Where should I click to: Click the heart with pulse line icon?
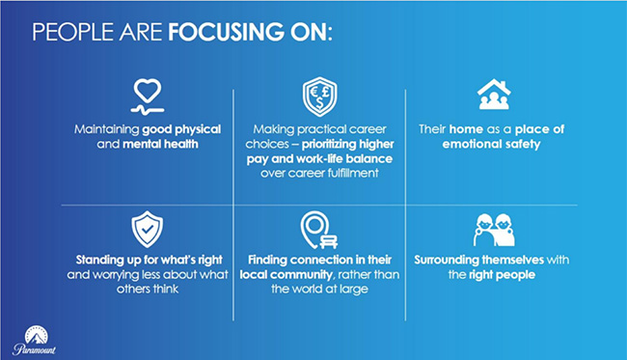[x=147, y=95]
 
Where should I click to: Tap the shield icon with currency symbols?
[x=318, y=97]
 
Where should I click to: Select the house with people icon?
[x=493, y=94]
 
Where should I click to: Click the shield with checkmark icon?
[x=147, y=229]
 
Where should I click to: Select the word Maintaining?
[x=106, y=128]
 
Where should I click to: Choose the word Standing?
[x=105, y=260]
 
